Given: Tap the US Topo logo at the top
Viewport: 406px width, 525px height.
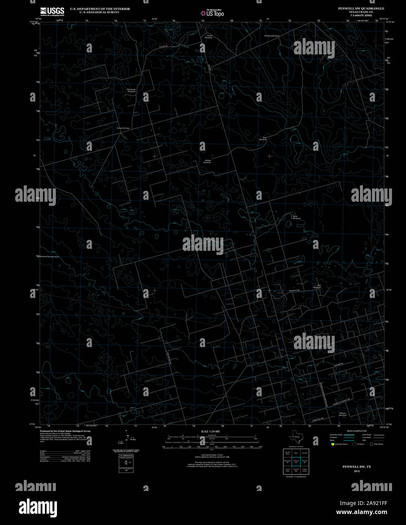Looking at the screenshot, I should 212,13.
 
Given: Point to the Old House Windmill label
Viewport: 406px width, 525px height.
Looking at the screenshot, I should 131,90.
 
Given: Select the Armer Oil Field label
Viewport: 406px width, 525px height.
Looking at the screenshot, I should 123,128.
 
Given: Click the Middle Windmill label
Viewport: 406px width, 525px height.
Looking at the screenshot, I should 208,161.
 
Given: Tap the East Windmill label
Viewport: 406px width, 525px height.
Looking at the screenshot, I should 263,139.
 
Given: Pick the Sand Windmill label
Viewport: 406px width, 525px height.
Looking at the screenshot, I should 297,217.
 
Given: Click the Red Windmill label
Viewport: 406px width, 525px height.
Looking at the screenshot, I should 317,286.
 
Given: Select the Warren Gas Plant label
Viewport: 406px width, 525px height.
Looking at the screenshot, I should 342,414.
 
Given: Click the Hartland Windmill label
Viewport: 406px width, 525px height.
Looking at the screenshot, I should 272,36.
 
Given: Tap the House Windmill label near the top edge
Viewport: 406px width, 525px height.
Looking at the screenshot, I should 209,37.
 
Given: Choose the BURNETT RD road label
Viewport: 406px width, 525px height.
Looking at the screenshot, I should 295,290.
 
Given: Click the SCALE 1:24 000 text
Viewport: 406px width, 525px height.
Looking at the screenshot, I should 210,431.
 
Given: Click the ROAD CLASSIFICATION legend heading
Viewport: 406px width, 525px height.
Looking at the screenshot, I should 357,431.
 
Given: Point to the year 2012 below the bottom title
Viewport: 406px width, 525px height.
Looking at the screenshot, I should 357,471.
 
